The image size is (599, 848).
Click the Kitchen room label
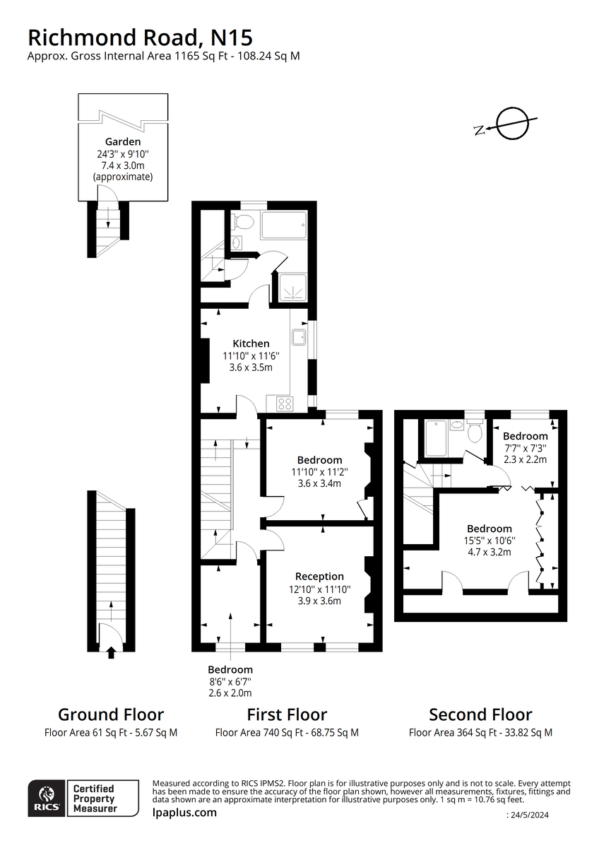(251, 343)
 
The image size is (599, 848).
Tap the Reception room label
(319, 576)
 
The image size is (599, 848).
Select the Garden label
(123, 141)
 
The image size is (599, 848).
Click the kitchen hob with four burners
(285, 404)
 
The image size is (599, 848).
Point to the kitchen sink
(299, 337)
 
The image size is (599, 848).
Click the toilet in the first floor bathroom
(242, 221)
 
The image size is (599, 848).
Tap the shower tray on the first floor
(293, 288)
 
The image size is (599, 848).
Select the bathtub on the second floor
(436, 438)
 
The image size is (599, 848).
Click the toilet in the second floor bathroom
(475, 430)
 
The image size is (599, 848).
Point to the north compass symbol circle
(512, 124)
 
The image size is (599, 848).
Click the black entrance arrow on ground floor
(111, 653)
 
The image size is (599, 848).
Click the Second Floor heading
(480, 714)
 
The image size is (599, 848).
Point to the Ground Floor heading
(111, 714)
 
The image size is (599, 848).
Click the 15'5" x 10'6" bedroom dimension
(490, 540)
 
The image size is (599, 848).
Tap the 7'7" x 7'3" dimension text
(526, 448)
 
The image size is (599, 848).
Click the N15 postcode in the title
(232, 37)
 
